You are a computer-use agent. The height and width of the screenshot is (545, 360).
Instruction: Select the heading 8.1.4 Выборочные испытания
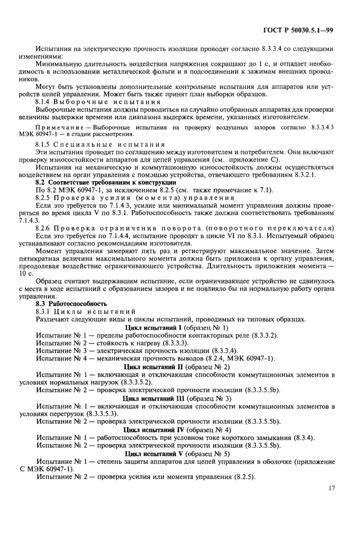(x=98, y=102)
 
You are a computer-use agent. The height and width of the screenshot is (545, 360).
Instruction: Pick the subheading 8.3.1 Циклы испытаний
(x=85, y=312)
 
